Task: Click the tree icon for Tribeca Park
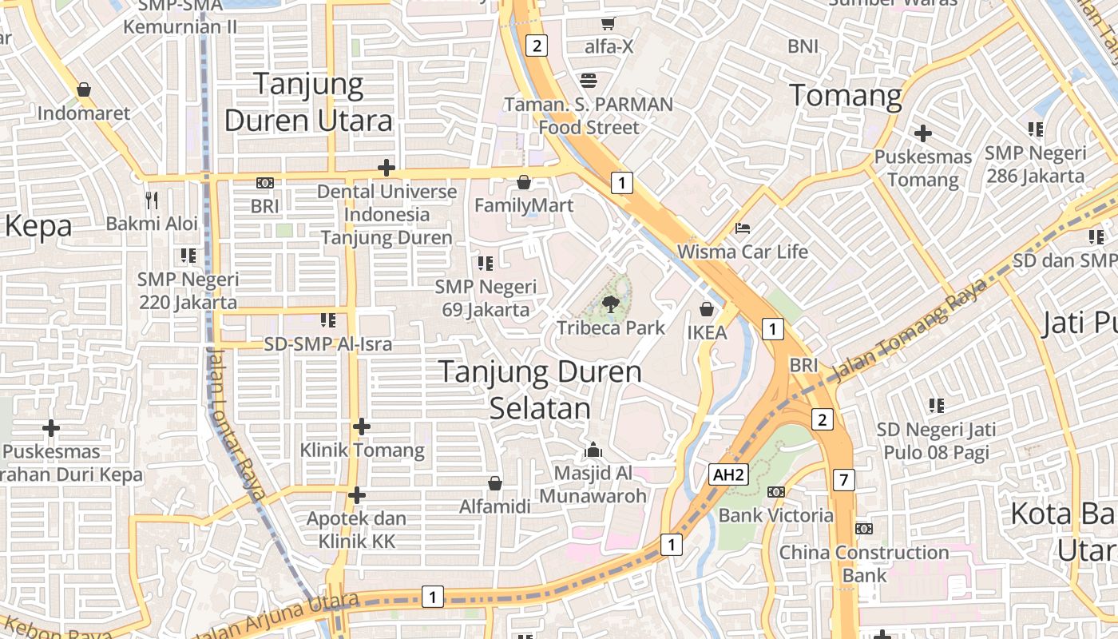611,303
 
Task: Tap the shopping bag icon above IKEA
706,308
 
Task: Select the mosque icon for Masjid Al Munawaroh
593,450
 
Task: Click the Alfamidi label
495,506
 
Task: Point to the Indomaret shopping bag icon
84,89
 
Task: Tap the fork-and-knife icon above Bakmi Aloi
152,200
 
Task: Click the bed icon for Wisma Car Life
743,228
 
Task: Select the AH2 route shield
728,474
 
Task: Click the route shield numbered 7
843,479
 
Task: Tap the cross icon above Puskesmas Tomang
923,133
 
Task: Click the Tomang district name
846,96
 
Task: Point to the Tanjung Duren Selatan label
541,390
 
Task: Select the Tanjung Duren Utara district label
308,102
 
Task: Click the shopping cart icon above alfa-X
609,23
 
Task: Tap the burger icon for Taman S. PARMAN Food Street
589,80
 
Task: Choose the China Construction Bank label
864,563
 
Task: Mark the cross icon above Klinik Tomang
362,427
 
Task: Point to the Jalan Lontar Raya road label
236,423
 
